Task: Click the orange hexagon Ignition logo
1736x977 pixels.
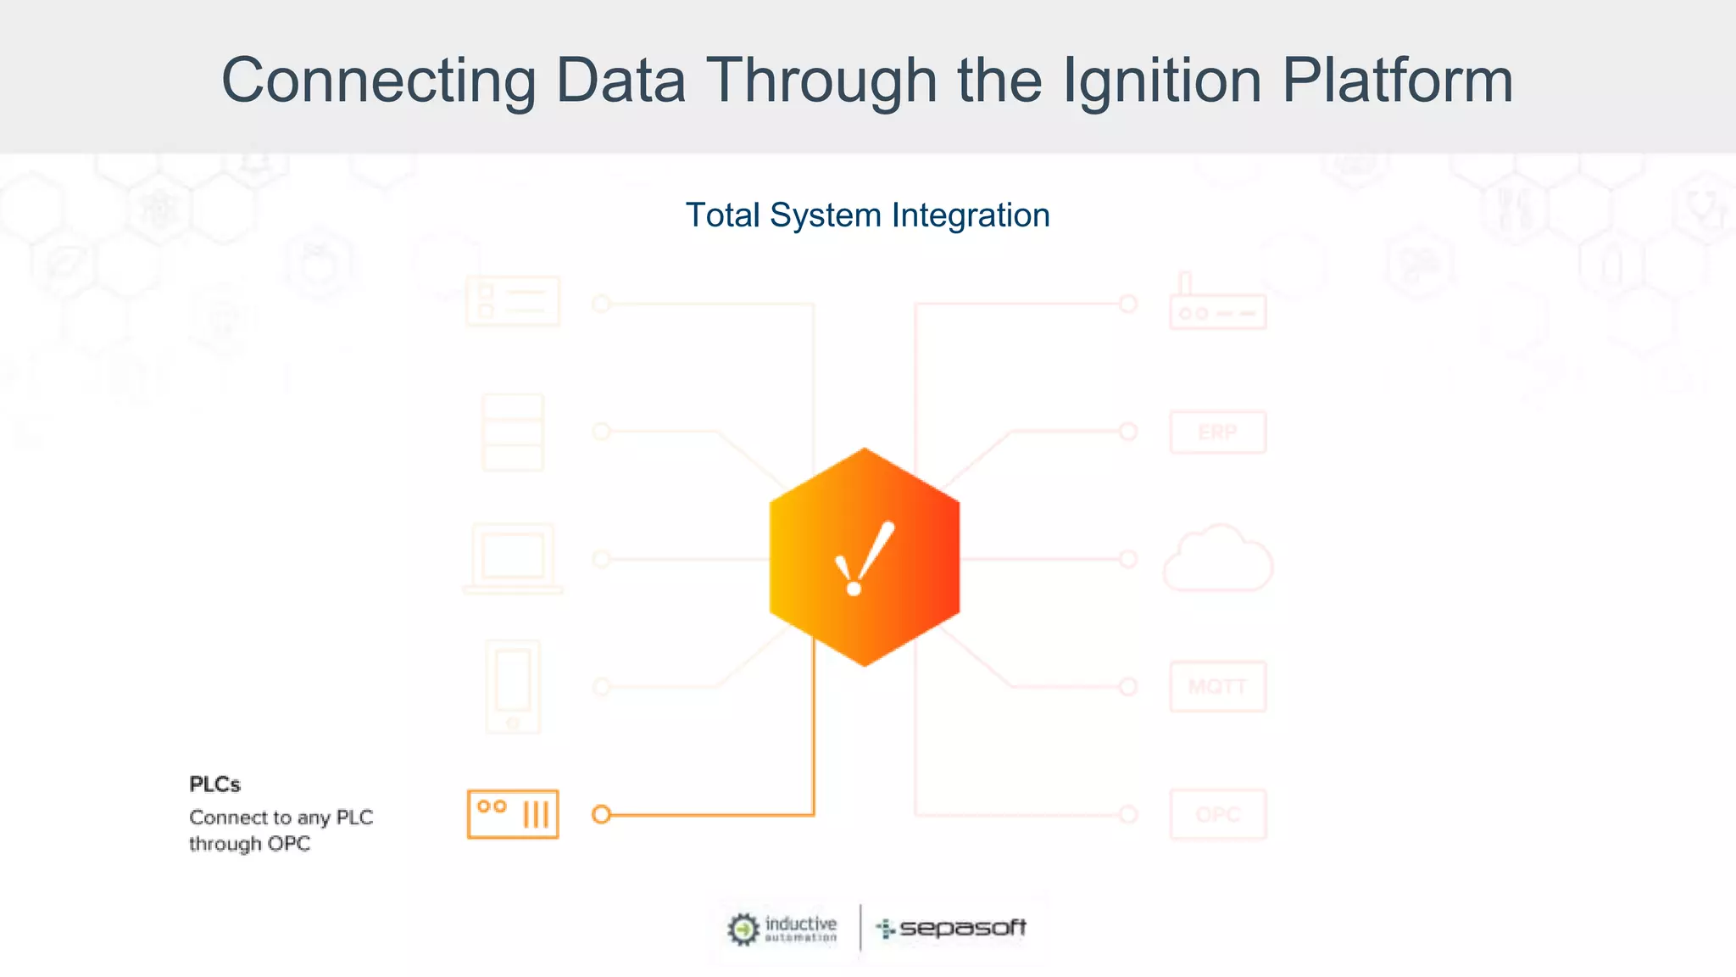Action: (865, 557)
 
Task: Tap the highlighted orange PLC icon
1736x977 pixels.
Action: (513, 814)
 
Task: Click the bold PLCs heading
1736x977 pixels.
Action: (214, 784)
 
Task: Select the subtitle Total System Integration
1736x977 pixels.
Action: (867, 215)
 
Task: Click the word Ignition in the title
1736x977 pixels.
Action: (1161, 81)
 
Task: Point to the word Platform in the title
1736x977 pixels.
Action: (1397, 81)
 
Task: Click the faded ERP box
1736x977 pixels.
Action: (1218, 433)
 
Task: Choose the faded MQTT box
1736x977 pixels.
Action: (1218, 686)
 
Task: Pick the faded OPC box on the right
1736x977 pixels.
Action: (1218, 814)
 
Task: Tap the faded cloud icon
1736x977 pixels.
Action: (1218, 559)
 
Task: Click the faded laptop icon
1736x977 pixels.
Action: (513, 559)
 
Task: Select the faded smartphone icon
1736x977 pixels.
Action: (513, 686)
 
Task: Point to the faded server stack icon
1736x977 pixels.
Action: (513, 433)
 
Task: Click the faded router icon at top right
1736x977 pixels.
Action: (1218, 305)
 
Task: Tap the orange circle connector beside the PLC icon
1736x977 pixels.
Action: (601, 814)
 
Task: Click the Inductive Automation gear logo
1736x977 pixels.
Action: (743, 929)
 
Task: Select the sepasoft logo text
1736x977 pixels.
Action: (962, 928)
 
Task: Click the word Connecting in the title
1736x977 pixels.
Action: (378, 81)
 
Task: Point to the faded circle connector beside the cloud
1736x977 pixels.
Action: (1128, 559)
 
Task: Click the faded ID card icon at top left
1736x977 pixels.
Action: (513, 302)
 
